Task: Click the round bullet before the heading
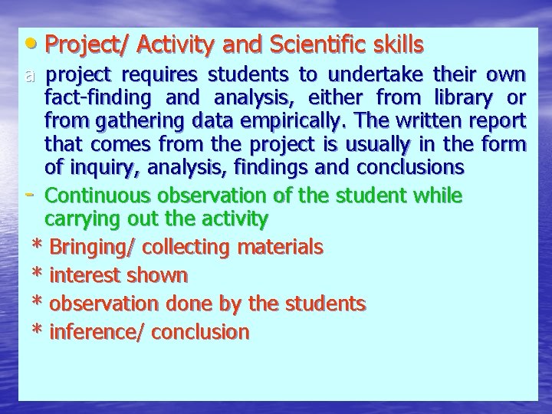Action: coord(31,43)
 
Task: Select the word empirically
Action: coord(283,122)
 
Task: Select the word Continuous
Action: coord(101,195)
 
